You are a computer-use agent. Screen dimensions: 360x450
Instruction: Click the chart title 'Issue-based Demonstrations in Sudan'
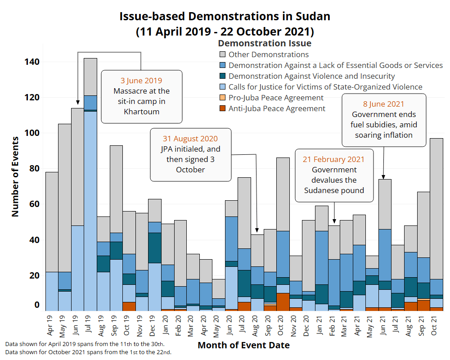pos(225,17)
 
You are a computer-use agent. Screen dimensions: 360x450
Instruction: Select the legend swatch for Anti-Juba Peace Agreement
pos(222,108)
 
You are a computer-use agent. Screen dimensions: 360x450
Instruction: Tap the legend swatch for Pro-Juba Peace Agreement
pos(222,98)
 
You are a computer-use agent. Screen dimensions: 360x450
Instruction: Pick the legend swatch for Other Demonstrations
pos(222,54)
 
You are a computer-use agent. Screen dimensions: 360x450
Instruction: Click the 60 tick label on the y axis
pos(34,204)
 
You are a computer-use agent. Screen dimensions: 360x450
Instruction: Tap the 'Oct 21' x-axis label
pos(436,324)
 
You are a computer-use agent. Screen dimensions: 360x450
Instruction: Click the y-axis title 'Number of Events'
pos(15,176)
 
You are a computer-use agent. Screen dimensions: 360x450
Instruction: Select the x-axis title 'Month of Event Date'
pos(243,346)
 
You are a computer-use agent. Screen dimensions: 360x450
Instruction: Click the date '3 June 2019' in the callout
pos(141,81)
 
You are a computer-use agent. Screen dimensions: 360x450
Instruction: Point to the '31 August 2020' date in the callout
pos(190,139)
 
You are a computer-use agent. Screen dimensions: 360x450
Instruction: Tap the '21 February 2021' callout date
pos(334,159)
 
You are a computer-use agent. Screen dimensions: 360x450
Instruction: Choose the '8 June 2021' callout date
pos(384,104)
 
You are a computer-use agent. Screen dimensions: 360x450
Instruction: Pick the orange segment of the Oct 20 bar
pos(283,301)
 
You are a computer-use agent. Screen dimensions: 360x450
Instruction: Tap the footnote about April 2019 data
pos(85,344)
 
